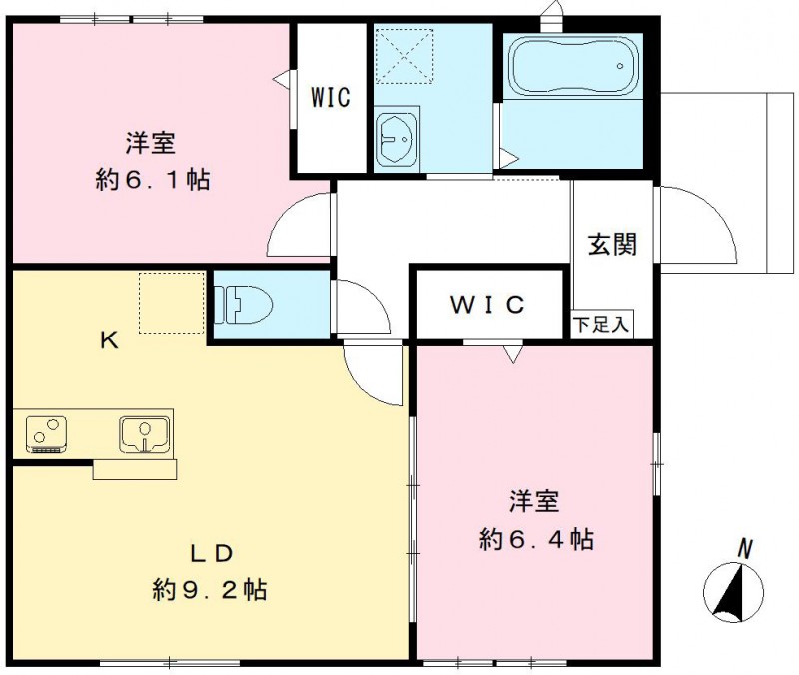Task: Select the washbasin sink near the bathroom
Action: (399, 139)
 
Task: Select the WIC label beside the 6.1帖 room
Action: (329, 98)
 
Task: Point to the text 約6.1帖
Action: (152, 181)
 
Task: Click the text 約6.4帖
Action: (537, 540)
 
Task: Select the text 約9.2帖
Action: (210, 589)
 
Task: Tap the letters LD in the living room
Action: (212, 553)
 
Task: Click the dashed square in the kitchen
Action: (171, 302)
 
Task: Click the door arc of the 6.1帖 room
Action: (300, 225)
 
